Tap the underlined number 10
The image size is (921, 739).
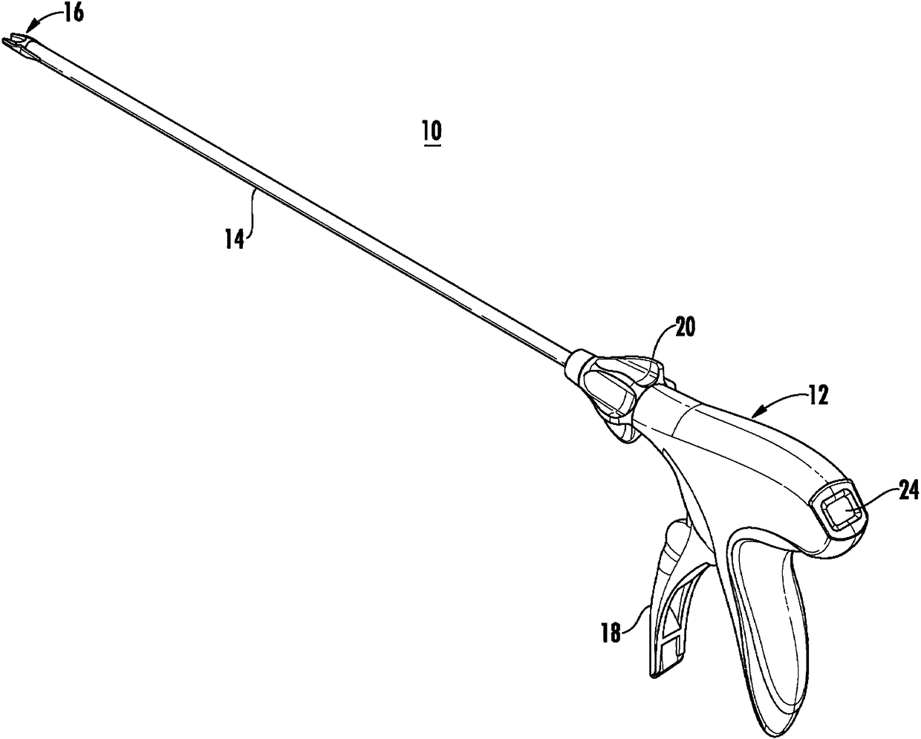point(431,132)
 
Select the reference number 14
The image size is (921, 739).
point(235,241)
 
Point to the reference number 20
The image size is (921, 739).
point(685,328)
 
